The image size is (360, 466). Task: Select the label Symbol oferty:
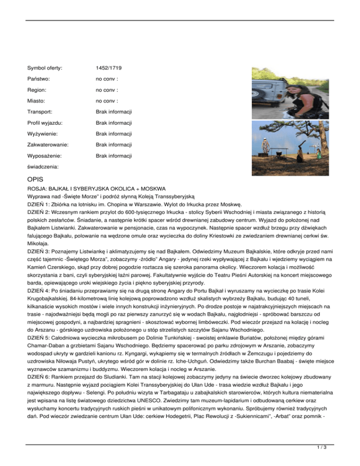pos(45,68)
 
